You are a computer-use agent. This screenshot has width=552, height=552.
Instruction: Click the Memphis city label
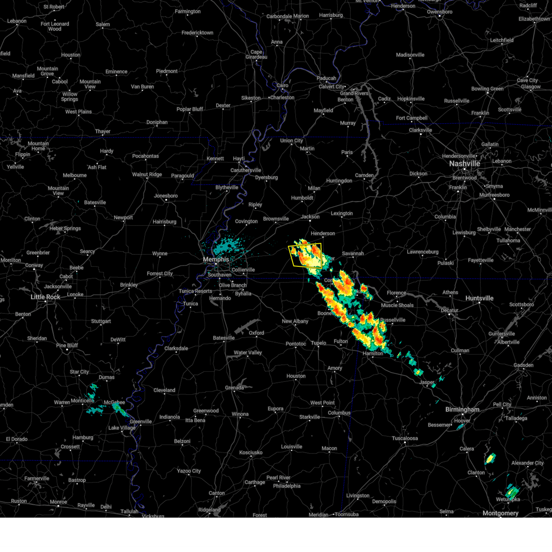tap(216, 259)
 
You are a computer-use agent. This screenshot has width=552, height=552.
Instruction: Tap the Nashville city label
tap(465, 164)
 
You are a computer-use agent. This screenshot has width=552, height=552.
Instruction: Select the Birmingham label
tap(462, 409)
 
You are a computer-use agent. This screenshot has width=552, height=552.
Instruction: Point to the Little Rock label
tap(46, 297)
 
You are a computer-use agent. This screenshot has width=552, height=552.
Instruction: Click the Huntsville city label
tap(479, 298)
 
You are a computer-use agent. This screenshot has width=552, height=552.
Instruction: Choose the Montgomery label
tap(500, 513)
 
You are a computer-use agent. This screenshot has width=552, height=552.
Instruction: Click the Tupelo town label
tap(318, 343)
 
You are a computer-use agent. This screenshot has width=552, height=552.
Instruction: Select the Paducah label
tap(326, 78)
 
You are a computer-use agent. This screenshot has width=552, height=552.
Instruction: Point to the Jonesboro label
tap(166, 196)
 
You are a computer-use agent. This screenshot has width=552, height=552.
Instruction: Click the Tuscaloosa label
tap(405, 438)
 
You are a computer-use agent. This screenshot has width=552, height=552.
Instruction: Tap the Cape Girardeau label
tap(256, 54)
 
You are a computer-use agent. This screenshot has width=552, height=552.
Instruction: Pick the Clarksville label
tap(420, 130)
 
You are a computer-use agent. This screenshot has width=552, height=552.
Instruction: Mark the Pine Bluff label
tap(67, 345)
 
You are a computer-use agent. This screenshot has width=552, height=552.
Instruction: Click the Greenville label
tap(140, 421)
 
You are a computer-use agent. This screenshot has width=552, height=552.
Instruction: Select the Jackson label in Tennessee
tap(310, 217)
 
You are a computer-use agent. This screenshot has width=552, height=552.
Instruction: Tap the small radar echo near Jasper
tap(418, 372)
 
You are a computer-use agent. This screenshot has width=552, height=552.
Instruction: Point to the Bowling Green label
tap(487, 89)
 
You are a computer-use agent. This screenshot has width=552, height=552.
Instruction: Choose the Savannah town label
tap(353, 253)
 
